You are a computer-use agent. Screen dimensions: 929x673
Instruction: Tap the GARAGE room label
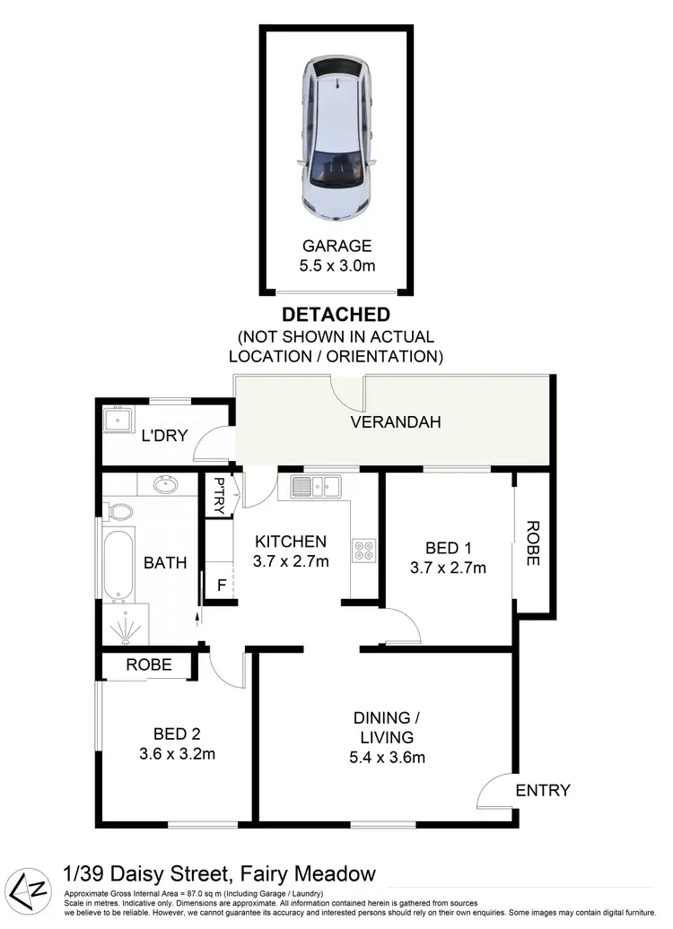(x=336, y=246)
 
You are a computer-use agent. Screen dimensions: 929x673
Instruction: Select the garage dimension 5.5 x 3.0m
(x=336, y=266)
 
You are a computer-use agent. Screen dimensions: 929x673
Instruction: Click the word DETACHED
(x=336, y=315)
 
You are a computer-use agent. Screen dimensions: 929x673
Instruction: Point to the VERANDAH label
(x=396, y=422)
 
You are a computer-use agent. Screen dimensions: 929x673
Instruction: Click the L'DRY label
(x=164, y=437)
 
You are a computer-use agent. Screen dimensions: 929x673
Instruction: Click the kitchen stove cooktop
(x=363, y=549)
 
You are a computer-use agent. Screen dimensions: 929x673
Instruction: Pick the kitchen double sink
(x=315, y=487)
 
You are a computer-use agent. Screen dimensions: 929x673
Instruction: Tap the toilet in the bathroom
(x=119, y=512)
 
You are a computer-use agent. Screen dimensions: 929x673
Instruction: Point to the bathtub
(x=118, y=567)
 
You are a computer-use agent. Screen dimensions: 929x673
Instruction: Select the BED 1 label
(x=441, y=547)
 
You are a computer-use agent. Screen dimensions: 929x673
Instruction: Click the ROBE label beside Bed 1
(x=532, y=543)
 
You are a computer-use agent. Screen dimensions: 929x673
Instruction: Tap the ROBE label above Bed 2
(x=148, y=665)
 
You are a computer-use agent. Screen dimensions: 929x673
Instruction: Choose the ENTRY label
(x=543, y=790)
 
